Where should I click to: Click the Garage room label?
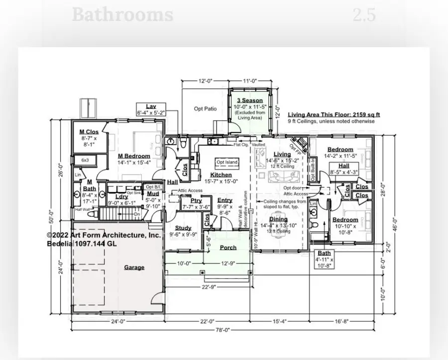click(134, 267)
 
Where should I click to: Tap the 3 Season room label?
click(250, 100)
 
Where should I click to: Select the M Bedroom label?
click(134, 156)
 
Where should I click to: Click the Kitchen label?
click(221, 175)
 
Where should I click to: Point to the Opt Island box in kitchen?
click(226, 163)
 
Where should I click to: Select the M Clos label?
click(89, 132)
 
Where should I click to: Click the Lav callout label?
click(151, 106)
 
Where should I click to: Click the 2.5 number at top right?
click(364, 14)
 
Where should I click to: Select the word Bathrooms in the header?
click(122, 14)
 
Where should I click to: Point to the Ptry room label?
click(189, 200)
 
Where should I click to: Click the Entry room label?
click(224, 200)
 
